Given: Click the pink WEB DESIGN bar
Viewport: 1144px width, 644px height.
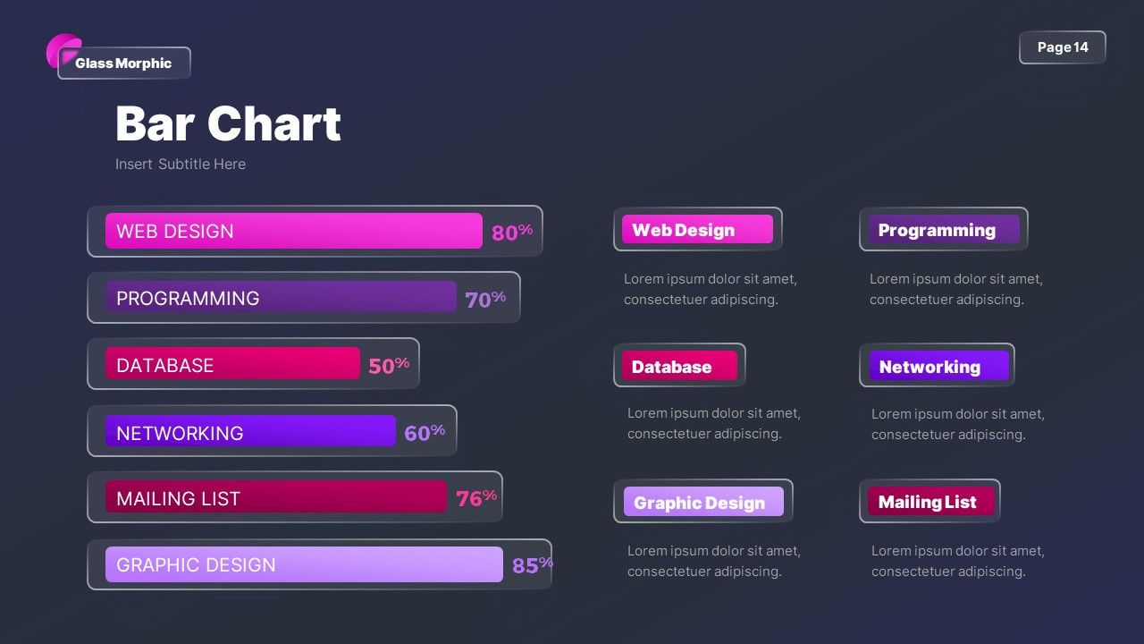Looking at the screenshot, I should [x=293, y=231].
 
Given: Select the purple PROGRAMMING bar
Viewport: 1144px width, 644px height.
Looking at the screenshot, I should [x=281, y=298].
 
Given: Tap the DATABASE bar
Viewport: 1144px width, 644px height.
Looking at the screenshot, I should [x=232, y=364].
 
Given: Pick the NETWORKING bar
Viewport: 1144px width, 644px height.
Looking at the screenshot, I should [x=250, y=431].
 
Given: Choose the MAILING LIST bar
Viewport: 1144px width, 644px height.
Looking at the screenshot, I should [x=275, y=497].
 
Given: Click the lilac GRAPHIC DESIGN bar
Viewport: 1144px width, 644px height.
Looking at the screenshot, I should [x=304, y=564].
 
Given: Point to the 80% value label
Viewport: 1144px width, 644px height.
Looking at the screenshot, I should [x=511, y=233].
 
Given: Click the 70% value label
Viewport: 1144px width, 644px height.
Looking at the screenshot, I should [x=485, y=299].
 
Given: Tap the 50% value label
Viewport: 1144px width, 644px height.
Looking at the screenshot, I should [x=389, y=365].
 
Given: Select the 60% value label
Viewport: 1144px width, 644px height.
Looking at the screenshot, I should [x=425, y=433].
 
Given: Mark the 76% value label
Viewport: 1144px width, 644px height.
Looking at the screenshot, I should [x=476, y=498].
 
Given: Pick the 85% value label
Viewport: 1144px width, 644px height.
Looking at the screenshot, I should [x=532, y=565].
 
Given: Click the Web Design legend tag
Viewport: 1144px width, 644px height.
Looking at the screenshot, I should [x=697, y=230].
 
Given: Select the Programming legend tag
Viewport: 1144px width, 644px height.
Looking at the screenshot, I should [x=943, y=230].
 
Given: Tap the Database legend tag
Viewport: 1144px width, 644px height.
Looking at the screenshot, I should [x=679, y=366].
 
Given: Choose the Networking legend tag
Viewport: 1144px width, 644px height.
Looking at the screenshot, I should [x=937, y=366].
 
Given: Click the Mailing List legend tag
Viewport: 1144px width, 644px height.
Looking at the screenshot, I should [x=929, y=502].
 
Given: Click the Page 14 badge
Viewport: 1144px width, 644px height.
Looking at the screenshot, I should [x=1062, y=47].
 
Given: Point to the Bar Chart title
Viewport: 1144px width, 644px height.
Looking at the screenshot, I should [x=228, y=123].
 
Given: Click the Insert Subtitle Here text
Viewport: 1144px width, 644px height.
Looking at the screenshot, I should [x=181, y=165].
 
